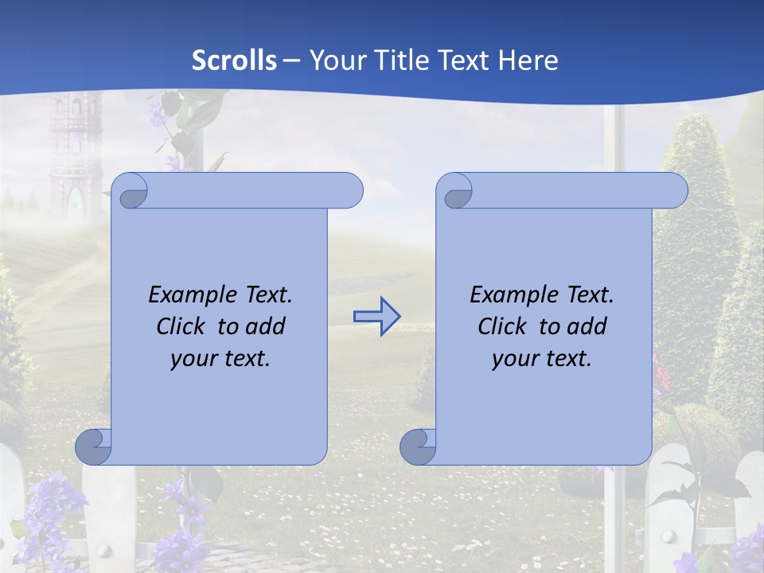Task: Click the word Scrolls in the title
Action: [235, 60]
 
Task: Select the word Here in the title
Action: [528, 60]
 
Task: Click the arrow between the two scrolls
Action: [376, 316]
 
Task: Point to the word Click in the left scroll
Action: [182, 326]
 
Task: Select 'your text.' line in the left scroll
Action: [220, 359]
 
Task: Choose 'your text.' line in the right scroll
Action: [542, 359]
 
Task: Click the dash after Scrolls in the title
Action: [291, 60]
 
